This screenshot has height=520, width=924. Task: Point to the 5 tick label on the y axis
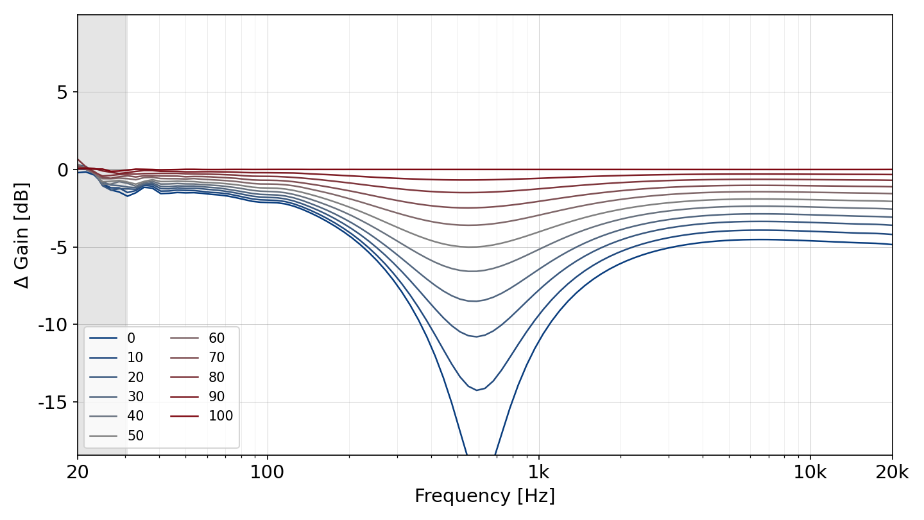point(62,92)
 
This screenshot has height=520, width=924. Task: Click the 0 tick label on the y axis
point(62,169)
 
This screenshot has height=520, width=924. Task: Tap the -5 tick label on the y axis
point(59,248)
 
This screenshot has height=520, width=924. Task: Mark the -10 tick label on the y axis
point(53,325)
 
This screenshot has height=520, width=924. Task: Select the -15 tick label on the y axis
point(53,403)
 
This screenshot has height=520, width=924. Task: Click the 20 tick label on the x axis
point(78,472)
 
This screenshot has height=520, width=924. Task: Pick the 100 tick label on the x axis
point(268,472)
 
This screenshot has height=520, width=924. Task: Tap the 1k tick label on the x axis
point(539,472)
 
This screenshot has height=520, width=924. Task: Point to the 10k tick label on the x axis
point(810,472)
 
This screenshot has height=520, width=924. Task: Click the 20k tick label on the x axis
point(892,472)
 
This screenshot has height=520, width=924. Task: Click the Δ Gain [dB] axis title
point(21,235)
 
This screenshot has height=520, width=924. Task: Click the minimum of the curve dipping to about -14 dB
point(477,390)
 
